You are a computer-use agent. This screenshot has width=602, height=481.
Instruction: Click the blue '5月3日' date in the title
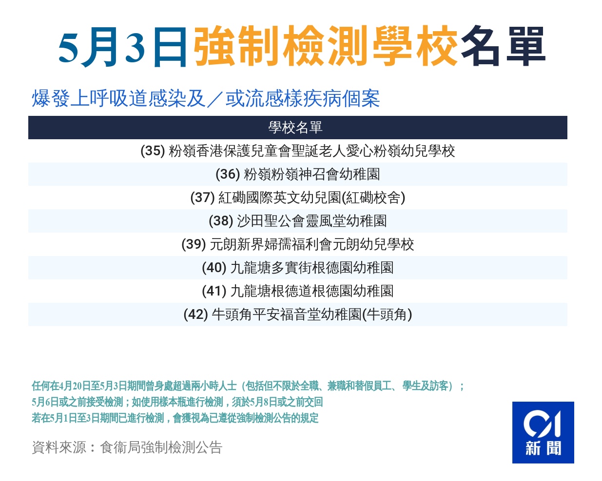(122, 47)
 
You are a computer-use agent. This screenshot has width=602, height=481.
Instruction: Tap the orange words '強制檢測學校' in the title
(325, 46)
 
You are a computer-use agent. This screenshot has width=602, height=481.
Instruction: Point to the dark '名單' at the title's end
(503, 46)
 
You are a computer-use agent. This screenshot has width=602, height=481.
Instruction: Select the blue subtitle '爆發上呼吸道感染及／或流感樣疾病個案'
(206, 99)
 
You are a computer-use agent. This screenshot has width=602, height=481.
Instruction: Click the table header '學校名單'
(295, 128)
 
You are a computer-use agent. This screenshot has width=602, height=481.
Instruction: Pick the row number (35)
(153, 151)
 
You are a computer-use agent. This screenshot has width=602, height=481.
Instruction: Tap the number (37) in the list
(202, 198)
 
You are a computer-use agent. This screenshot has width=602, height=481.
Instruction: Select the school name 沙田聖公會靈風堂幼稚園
(311, 221)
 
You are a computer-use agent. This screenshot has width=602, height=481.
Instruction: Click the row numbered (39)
(298, 244)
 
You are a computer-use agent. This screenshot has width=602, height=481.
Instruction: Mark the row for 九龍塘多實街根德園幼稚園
(298, 268)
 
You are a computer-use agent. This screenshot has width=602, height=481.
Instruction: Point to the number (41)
(214, 291)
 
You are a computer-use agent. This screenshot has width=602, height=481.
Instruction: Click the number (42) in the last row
(196, 314)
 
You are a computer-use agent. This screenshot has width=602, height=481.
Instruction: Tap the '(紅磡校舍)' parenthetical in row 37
(373, 198)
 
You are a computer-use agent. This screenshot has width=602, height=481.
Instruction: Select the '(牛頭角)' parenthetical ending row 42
(387, 314)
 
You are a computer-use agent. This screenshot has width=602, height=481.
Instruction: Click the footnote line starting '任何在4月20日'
(248, 386)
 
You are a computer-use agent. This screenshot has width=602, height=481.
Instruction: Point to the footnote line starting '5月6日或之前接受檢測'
(177, 402)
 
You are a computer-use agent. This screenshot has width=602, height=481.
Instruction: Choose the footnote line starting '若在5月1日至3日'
(175, 418)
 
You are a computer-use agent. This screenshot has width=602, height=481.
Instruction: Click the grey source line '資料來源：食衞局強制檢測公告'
(127, 448)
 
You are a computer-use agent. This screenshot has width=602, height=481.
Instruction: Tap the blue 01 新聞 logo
(543, 432)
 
